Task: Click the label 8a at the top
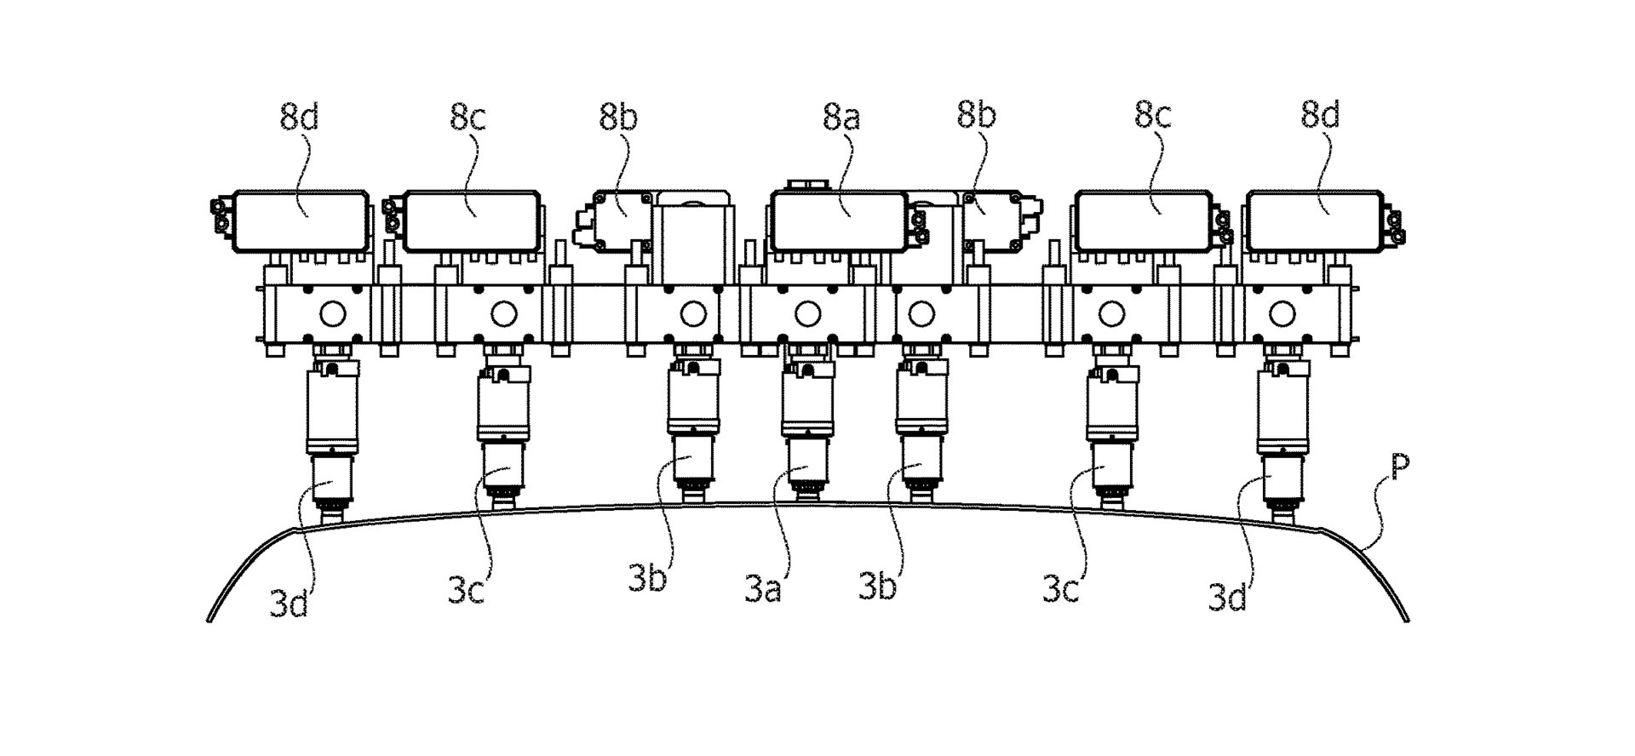(x=840, y=117)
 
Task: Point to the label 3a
(x=762, y=589)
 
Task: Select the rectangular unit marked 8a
(x=838, y=220)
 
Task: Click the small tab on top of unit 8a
(x=805, y=184)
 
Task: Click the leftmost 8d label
(x=299, y=117)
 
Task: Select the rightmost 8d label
(x=1320, y=115)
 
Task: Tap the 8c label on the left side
(x=468, y=117)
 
